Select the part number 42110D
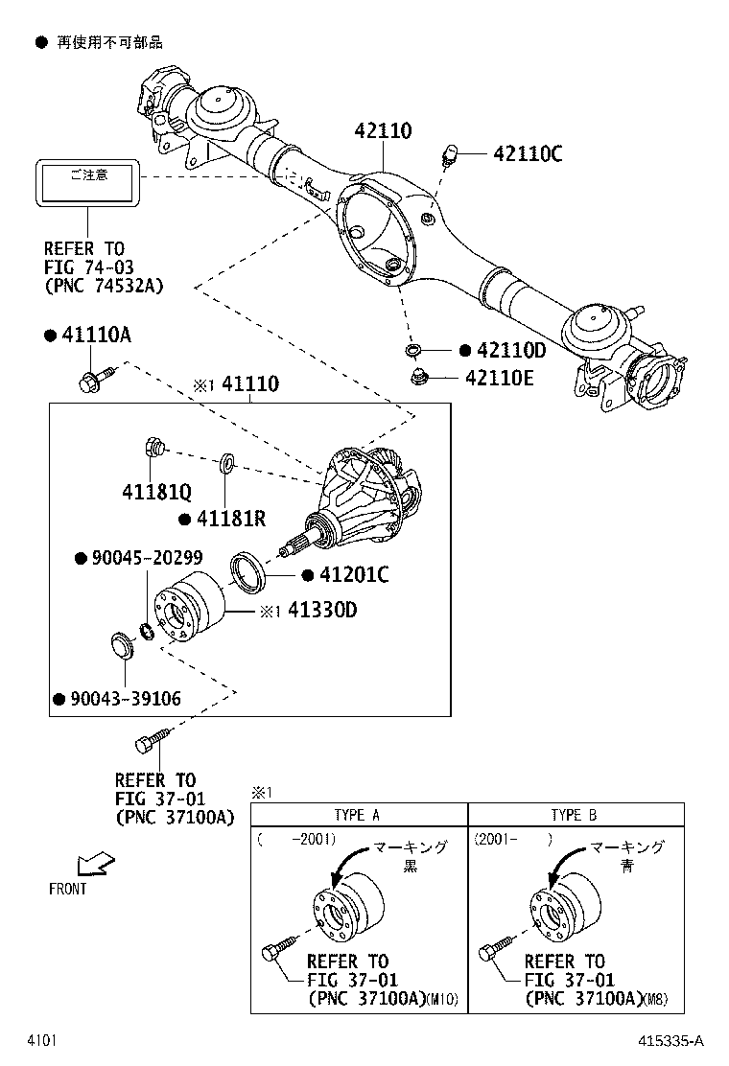tap(510, 351)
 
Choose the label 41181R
tap(231, 519)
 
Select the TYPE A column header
tap(357, 815)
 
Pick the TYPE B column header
tap(575, 815)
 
